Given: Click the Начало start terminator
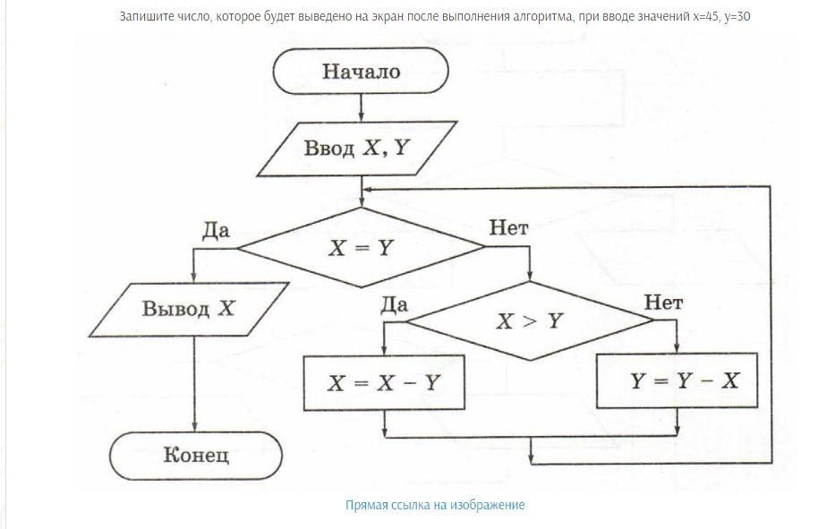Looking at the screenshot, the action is pos(361,71).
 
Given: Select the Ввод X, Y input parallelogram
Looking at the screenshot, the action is pos(357,149).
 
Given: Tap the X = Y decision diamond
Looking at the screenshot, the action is pos(361,247).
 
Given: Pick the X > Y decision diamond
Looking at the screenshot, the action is pos(530,320).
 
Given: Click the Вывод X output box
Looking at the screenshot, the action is pos(189,309).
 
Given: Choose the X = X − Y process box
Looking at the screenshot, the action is pos(384,382).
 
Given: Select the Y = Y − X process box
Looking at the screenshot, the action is pos(677,380).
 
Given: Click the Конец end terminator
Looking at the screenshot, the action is pos(196,456).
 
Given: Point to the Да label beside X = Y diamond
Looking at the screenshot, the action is pos(216,230).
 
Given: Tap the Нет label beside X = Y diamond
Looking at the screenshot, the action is pos(508,228).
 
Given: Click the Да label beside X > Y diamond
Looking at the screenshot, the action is pos(394,304).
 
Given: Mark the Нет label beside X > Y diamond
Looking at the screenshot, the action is pos(663,303).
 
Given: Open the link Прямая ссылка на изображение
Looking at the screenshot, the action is pos(435,505).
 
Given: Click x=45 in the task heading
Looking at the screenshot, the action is pos(706,16).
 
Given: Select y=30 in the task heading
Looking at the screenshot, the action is pos(737,17).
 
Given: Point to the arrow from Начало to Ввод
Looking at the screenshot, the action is pos(361,107).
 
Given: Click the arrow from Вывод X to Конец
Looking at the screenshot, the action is pos(194,384).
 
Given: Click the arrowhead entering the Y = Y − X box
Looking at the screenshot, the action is pos(677,348).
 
